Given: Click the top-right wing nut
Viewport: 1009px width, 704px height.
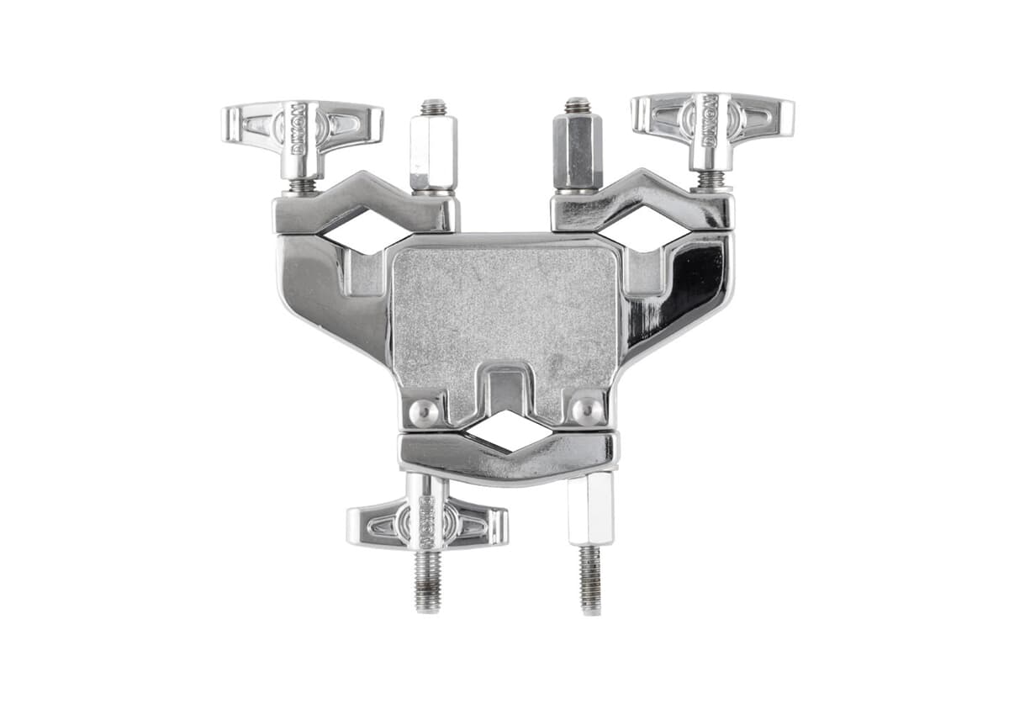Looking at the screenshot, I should point(712,119).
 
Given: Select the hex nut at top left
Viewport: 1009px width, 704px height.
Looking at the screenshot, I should point(433,152).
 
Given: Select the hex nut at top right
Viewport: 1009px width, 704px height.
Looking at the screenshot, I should point(577,151).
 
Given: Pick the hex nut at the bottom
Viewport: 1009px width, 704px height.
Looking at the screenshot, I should point(589,508).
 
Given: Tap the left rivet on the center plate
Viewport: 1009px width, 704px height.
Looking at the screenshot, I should point(423,411).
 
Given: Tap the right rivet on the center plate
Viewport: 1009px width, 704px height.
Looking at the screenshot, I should point(586,410).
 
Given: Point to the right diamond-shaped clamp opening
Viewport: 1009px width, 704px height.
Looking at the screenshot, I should point(646,229).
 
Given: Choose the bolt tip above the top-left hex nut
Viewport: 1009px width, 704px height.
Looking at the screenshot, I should point(433,107).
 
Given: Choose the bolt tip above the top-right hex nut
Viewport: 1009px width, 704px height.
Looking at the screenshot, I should point(577,105).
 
